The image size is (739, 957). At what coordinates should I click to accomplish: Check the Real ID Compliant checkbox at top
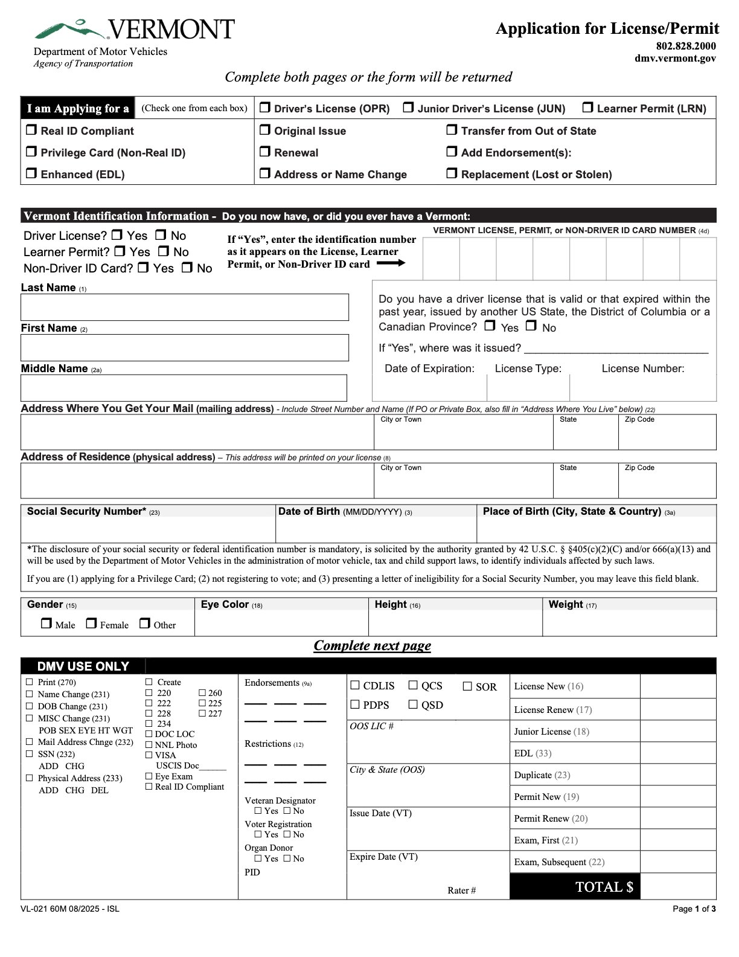click(x=31, y=130)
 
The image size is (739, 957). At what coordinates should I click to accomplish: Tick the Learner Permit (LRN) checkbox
click(x=587, y=108)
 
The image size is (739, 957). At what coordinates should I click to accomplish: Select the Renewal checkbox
click(x=265, y=152)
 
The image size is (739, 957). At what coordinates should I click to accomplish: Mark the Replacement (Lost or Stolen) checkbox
click(x=452, y=173)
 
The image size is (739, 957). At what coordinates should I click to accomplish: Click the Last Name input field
click(x=184, y=307)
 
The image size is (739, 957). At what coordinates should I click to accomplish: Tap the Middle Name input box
click(x=184, y=388)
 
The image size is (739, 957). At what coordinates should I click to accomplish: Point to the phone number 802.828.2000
click(x=686, y=46)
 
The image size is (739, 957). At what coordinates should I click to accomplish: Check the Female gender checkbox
click(x=91, y=623)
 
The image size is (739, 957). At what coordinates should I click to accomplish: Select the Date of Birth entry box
click(x=376, y=530)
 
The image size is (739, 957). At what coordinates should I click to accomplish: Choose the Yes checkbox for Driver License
click(x=117, y=234)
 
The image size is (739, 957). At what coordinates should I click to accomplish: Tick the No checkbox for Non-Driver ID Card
click(x=187, y=267)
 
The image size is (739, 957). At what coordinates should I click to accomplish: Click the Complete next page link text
click(x=372, y=645)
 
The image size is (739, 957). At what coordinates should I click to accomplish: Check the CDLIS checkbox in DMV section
click(x=355, y=685)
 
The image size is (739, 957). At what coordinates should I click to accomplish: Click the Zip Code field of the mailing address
click(x=667, y=436)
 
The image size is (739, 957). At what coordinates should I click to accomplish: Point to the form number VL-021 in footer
click(x=34, y=909)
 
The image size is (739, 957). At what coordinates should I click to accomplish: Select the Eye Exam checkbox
click(x=149, y=776)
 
